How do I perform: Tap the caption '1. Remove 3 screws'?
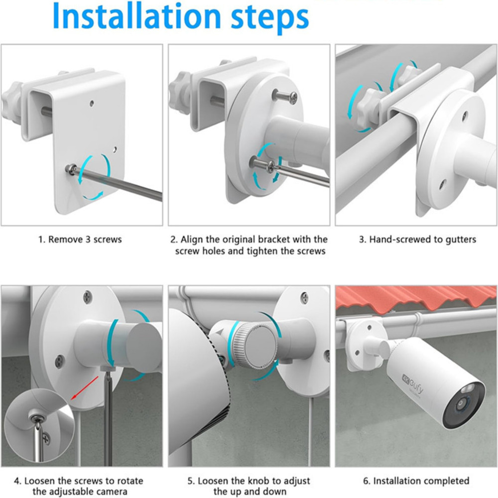coord(80,240)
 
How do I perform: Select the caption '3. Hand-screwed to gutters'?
coord(417,240)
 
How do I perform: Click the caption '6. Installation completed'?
coord(417,481)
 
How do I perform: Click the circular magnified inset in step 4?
coord(37,423)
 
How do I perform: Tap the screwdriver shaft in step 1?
coord(124,184)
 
